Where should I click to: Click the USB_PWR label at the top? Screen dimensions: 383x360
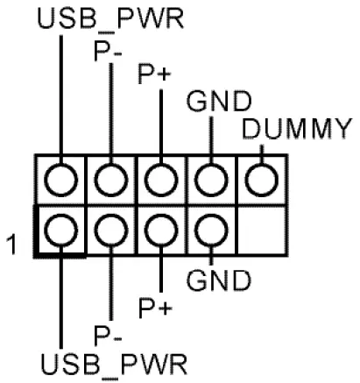[110, 19]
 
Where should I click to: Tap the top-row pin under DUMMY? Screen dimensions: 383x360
[261, 181]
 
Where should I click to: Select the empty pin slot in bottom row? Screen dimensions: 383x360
[261, 231]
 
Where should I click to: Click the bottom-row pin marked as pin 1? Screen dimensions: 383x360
[59, 231]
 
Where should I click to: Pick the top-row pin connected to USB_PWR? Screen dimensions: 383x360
[59, 181]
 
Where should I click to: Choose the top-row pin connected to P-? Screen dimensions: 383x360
[109, 181]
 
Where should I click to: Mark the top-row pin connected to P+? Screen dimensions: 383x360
[160, 181]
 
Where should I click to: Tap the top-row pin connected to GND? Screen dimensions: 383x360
[211, 181]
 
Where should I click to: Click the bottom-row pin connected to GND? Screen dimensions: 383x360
[211, 231]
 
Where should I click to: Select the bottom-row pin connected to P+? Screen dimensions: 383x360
[160, 231]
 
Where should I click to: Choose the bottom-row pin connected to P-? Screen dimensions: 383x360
[109, 231]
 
